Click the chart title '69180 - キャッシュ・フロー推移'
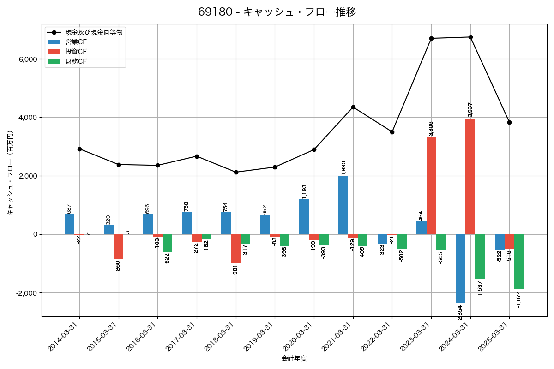277,12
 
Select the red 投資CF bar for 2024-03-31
470,177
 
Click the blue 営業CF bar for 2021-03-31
343,205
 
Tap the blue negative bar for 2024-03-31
460,268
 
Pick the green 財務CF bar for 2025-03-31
519,262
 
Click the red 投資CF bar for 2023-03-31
431,186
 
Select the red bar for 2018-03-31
235,249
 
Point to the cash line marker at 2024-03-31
470,37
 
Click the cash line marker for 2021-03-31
353,107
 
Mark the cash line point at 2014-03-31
80,149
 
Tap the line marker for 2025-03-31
509,122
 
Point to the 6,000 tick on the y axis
27,59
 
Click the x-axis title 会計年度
294,358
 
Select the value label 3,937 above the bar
470,109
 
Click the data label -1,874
519,299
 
